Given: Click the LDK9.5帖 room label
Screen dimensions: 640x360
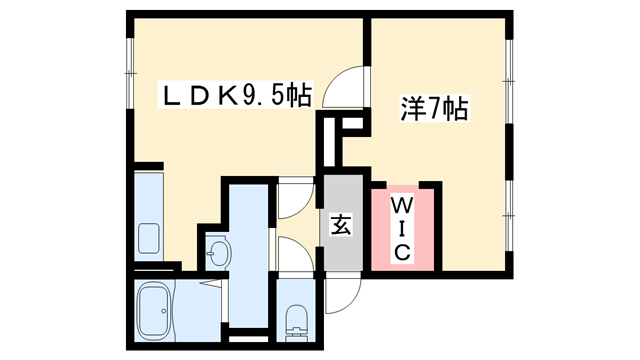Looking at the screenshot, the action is pos(238,97).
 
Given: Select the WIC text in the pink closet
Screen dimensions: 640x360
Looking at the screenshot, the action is pos(400,228).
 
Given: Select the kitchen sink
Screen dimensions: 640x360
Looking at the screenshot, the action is pos(151,239).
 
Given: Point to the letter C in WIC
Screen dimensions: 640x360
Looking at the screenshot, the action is pos(400,253).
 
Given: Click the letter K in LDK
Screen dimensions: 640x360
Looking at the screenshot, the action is pos(226,97).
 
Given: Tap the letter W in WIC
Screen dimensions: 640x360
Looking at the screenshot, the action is pos(400,204).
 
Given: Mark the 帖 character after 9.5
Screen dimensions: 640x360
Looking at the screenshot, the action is pos(298,97).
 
